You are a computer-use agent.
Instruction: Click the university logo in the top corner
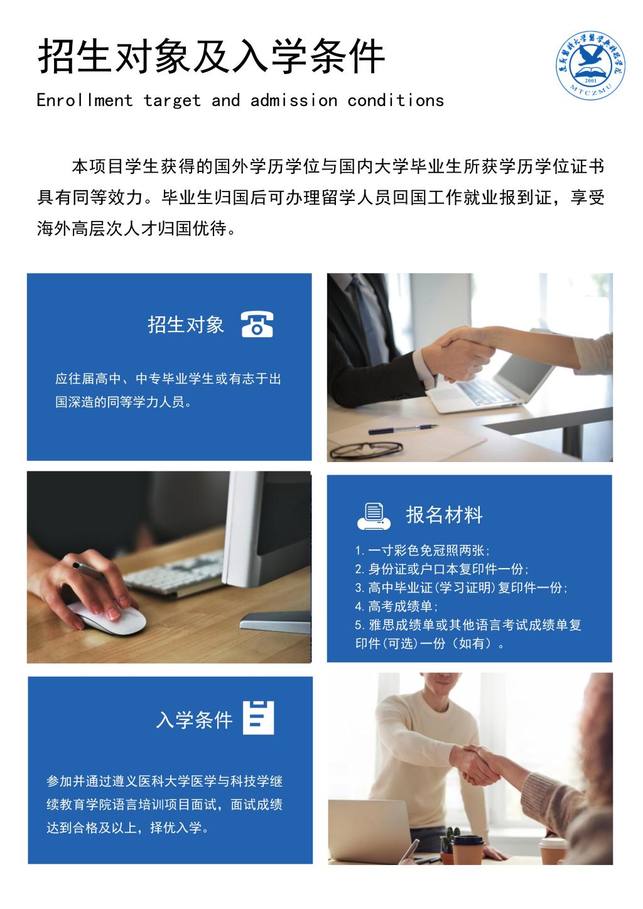pos(591,65)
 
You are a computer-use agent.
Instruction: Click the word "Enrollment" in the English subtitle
pos(84,100)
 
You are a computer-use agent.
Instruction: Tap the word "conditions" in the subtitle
pos(396,100)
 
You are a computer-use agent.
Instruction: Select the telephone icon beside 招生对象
pos(257,324)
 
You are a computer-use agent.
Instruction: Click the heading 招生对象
pos(185,325)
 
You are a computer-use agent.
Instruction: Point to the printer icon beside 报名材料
pos(374,516)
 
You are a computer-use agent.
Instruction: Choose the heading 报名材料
pos(444,515)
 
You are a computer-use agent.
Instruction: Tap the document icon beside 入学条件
pos(259,718)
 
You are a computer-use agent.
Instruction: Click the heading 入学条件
pos(194,720)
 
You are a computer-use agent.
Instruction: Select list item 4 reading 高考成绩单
pos(396,606)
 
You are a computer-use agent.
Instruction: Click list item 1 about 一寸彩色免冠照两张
pos(422,551)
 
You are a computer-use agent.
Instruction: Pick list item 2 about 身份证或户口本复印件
pos(441,569)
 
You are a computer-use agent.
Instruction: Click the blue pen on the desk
pos(403,429)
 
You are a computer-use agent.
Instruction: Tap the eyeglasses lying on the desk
pos(366,449)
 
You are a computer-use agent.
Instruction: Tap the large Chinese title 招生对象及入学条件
pos(212,56)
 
